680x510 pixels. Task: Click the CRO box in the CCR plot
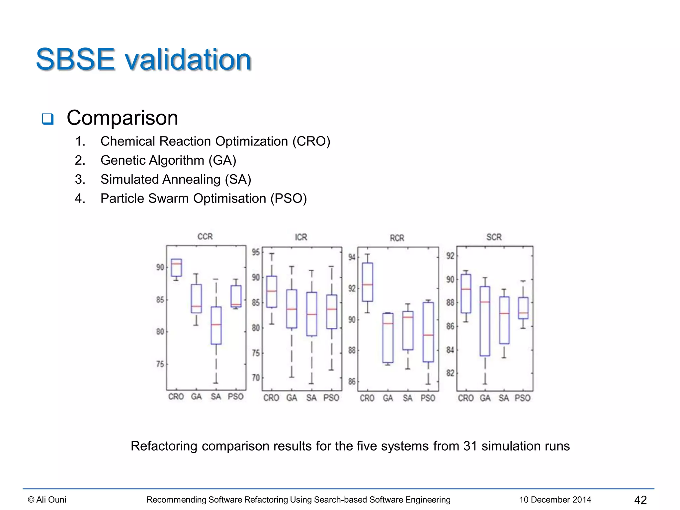[176, 268]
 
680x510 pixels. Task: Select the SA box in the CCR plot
[216, 325]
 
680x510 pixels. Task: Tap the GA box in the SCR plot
[485, 321]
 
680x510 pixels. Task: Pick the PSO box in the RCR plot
[428, 332]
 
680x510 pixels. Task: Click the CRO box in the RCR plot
[367, 282]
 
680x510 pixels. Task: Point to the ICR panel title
[301, 237]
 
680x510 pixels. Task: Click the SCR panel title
[494, 237]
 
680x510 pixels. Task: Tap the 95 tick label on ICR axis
[256, 252]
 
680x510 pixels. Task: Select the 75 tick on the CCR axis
[160, 364]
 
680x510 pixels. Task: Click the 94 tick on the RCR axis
[352, 257]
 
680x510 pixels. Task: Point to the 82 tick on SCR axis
[450, 373]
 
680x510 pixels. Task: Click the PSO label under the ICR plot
[331, 398]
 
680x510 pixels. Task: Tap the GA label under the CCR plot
[196, 396]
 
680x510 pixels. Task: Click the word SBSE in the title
[76, 59]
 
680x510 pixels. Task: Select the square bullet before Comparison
[48, 119]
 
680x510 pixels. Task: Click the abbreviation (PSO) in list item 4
[288, 199]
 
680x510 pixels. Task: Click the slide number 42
[640, 500]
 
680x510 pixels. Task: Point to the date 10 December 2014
[555, 500]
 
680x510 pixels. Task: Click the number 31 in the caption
[470, 446]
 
